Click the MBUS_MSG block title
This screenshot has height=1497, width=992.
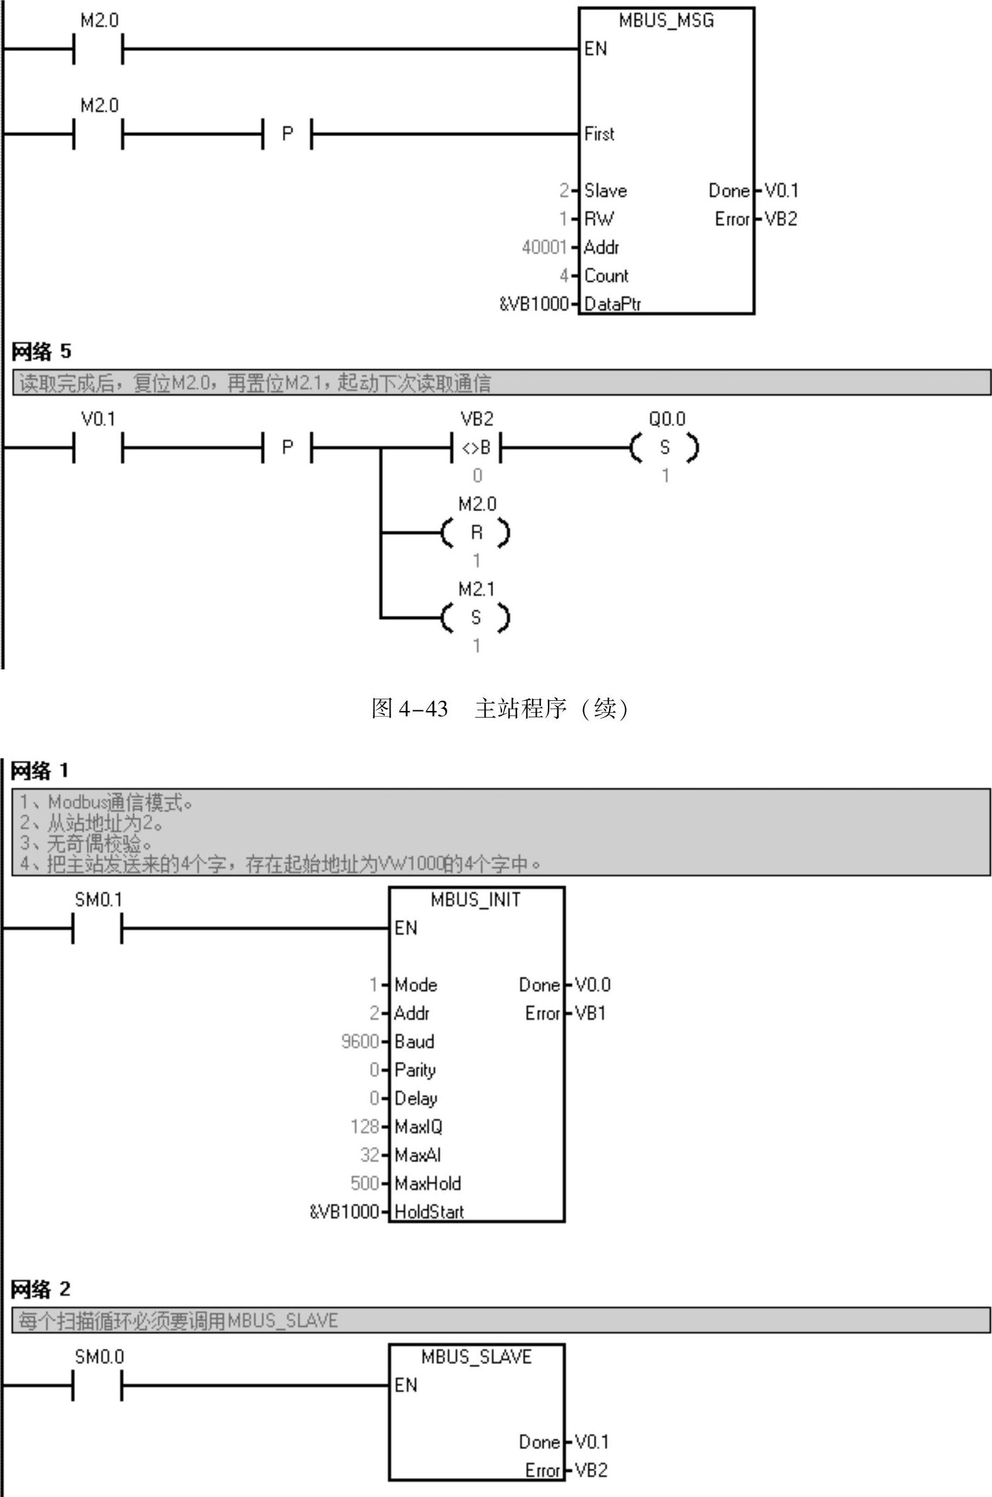(666, 21)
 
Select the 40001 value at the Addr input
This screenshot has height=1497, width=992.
(544, 247)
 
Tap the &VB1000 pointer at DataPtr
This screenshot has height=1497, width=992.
(534, 304)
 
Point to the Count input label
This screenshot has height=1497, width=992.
(606, 275)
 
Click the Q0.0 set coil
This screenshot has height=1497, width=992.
(665, 448)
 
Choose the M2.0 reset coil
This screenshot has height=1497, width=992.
(476, 533)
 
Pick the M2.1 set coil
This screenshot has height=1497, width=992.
(476, 618)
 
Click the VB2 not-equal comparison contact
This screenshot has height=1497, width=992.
(476, 448)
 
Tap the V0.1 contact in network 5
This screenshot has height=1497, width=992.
(98, 448)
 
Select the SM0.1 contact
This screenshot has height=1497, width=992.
(98, 928)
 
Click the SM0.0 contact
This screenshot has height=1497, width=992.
(98, 1385)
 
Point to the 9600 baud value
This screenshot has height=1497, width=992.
(360, 1041)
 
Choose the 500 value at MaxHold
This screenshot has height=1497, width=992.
(365, 1183)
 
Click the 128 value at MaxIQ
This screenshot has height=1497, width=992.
(365, 1127)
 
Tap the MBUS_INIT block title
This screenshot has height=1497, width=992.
(476, 899)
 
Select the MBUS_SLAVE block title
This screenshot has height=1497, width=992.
(476, 1356)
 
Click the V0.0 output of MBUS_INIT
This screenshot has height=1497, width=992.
(593, 985)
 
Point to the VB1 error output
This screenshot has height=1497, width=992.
(591, 1014)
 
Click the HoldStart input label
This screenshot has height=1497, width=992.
(429, 1211)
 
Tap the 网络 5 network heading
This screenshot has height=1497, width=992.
(41, 351)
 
